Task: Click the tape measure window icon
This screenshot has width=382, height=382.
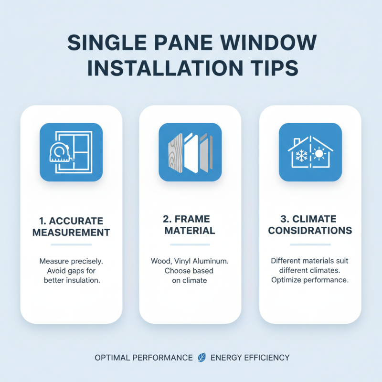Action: point(71,152)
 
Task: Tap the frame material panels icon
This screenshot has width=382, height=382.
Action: point(190,152)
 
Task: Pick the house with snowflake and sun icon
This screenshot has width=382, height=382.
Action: point(310,152)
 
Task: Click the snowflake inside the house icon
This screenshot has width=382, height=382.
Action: point(301,156)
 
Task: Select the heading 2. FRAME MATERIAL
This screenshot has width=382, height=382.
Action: point(190,224)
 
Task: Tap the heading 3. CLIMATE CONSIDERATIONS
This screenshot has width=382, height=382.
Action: point(310,225)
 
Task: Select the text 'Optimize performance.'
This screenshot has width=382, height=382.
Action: point(310,280)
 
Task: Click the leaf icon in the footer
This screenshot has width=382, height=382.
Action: point(202,358)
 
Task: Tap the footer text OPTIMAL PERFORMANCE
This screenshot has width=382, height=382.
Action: point(144,358)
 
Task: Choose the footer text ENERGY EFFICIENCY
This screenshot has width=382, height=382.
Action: point(250,358)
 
